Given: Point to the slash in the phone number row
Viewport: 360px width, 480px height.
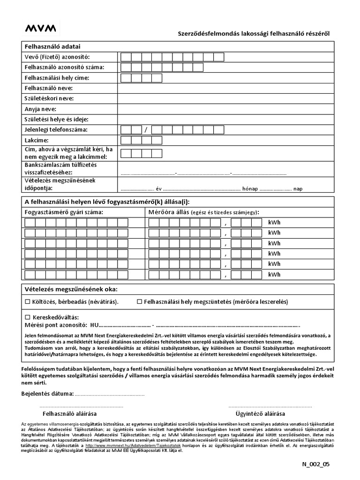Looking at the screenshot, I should tap(146, 130).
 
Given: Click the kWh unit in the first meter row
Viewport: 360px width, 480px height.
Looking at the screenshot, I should tap(274, 223).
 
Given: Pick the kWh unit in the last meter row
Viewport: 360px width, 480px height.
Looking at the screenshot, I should tap(274, 274).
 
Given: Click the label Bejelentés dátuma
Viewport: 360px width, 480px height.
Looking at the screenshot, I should tap(47, 393).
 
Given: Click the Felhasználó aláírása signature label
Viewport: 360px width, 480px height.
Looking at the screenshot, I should tap(70, 414).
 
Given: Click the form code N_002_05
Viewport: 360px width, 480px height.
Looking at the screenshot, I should tap(316, 464).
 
